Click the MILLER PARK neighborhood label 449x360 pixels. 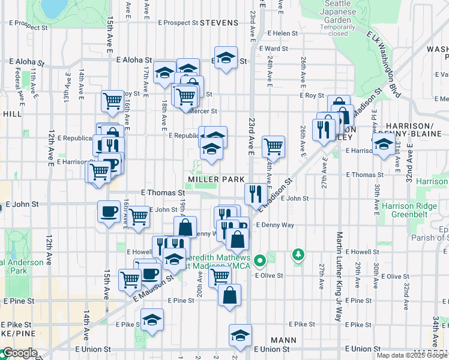coord(216,179)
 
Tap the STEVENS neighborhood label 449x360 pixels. coord(219,23)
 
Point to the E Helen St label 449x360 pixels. coord(283,34)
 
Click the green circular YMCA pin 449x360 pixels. coord(260,261)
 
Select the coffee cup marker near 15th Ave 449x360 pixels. coord(109,211)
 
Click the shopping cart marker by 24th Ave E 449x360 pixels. coord(273,145)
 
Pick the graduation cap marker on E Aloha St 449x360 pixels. coord(226,58)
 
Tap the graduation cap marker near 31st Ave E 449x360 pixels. coord(383,145)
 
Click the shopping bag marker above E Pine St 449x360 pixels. coord(230,295)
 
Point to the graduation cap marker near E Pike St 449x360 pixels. coord(152,319)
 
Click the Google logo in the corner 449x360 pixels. coord(19,353)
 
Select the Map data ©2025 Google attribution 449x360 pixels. coord(412,355)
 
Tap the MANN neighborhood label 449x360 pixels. coord(283,340)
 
